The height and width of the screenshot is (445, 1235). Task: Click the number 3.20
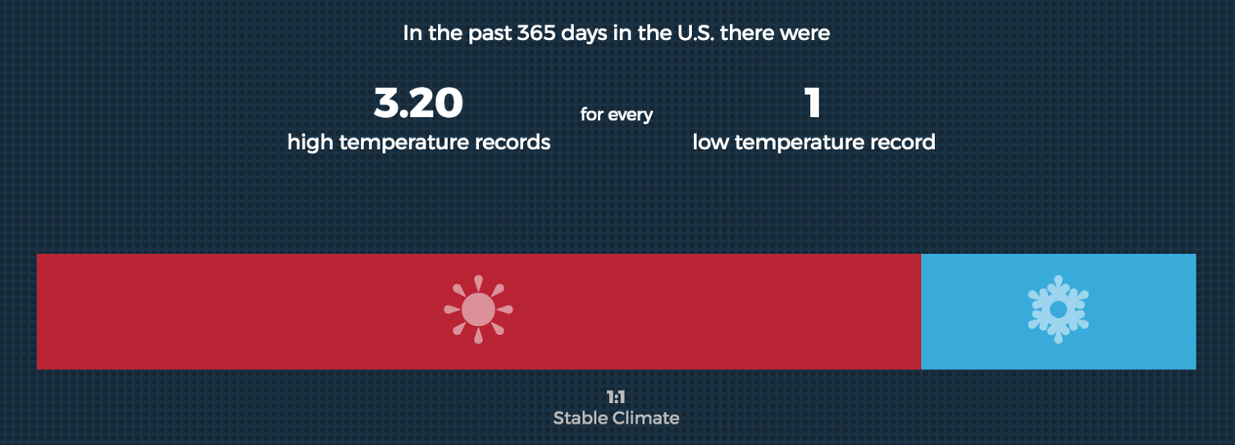click(x=418, y=103)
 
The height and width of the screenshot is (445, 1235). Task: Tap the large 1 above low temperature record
click(x=813, y=103)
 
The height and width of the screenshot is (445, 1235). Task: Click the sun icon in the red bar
click(x=478, y=310)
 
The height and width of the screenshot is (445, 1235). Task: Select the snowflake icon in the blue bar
click(x=1058, y=310)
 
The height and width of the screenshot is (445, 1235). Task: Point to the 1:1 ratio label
click(x=616, y=398)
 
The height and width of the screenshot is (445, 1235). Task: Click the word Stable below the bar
click(x=580, y=418)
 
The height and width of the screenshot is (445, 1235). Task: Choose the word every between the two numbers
click(x=631, y=115)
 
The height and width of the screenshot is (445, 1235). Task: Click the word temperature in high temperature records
click(x=403, y=143)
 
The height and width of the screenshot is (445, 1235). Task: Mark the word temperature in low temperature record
click(x=795, y=143)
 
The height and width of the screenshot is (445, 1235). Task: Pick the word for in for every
click(x=592, y=115)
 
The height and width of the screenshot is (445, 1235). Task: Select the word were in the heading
click(x=807, y=34)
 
